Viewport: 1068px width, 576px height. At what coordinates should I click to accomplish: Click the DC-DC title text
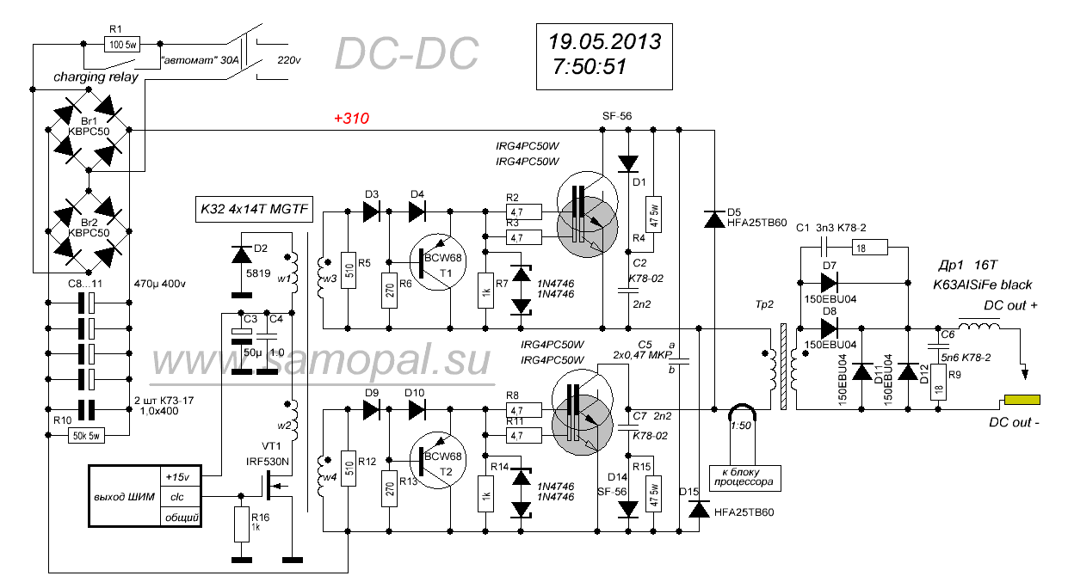[405, 54]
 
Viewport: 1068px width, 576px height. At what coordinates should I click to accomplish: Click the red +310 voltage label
[351, 119]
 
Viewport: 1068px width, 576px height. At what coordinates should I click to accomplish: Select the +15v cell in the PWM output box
[180, 476]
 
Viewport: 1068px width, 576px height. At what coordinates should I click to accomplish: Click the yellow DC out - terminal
[1022, 401]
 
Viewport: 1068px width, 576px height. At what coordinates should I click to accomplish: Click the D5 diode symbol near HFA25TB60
[713, 220]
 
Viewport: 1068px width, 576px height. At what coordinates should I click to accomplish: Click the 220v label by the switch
[290, 60]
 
